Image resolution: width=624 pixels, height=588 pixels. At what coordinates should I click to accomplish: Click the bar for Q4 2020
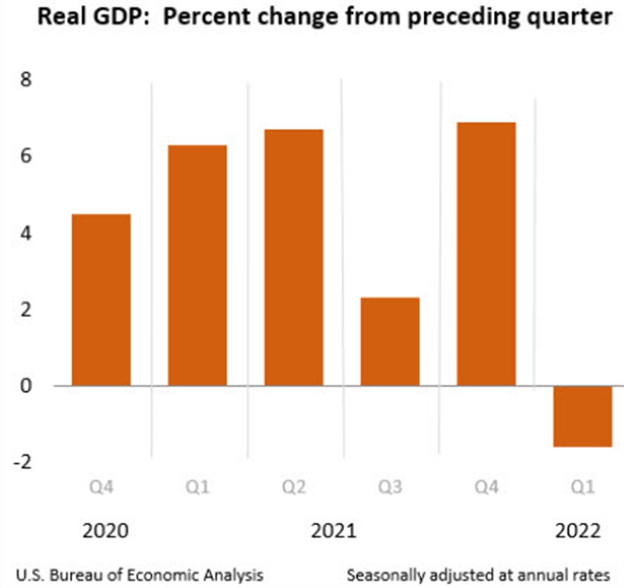[101, 299]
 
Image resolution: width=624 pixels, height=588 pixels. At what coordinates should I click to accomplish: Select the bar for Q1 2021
[198, 265]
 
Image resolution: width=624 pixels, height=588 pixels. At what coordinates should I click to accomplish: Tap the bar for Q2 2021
[293, 257]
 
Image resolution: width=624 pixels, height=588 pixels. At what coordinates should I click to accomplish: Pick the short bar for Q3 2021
[390, 341]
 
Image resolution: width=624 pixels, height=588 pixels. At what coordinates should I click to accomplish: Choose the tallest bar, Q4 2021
[486, 253]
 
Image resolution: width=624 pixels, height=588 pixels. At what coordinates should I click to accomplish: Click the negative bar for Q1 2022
[582, 416]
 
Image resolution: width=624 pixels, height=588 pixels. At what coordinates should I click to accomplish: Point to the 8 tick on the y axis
[26, 80]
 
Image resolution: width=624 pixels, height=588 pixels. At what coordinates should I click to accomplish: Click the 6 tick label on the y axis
[26, 157]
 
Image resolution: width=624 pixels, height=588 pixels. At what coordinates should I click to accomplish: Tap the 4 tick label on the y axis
[26, 233]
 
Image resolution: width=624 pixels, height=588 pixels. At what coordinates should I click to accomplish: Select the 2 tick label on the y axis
[26, 309]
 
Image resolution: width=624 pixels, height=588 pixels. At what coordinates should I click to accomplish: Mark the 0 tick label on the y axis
[26, 385]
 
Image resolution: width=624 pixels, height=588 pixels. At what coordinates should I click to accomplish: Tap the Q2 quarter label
[293, 488]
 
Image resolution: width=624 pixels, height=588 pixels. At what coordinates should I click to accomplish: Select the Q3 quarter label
[390, 488]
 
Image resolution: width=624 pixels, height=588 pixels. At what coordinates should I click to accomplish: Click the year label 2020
[105, 531]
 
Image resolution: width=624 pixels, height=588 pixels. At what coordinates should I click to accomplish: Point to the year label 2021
[333, 531]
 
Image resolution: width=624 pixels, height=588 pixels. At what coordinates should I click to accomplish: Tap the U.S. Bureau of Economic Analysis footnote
[139, 574]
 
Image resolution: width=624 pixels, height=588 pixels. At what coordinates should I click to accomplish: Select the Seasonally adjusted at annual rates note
[478, 574]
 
